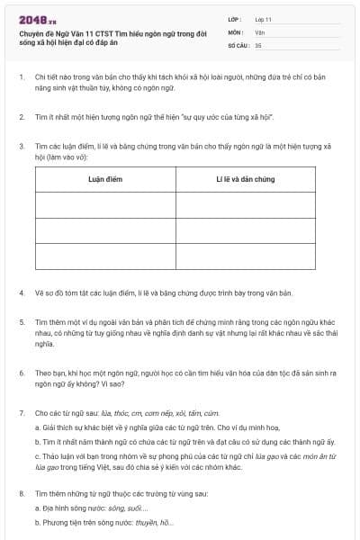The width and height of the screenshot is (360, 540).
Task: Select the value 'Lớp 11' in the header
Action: pos(264,19)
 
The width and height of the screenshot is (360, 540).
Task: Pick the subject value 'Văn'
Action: pos(259,31)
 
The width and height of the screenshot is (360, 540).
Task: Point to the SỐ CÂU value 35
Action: pos(258,44)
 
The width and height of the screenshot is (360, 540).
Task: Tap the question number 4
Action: pos(21,293)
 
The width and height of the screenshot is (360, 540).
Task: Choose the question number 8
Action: pos(21,494)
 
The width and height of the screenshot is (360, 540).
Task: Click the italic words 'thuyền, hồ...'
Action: pos(153,523)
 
